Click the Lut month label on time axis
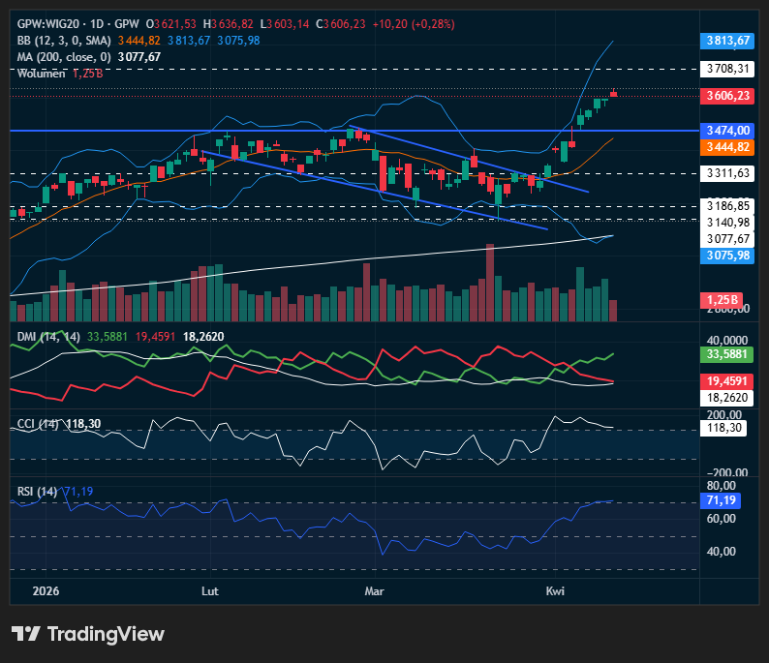(209, 589)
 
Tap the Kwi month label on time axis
(555, 589)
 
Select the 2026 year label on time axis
(46, 589)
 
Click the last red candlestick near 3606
(613, 94)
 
